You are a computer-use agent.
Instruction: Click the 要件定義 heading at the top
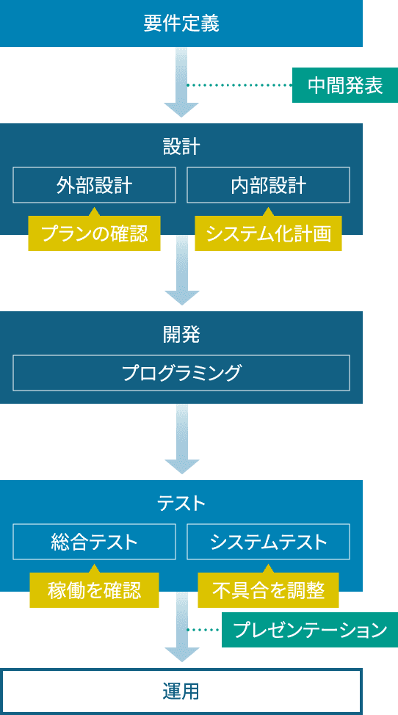(x=181, y=23)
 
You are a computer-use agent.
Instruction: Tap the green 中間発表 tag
(x=344, y=85)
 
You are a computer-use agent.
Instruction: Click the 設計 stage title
(x=181, y=146)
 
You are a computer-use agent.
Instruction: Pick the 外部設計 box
(x=94, y=185)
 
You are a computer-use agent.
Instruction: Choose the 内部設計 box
(x=268, y=185)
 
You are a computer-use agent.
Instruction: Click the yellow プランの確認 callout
(x=94, y=234)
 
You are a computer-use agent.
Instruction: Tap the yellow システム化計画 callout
(x=268, y=234)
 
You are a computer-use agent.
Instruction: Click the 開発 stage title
(x=181, y=335)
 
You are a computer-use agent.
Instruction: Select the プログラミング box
(x=181, y=373)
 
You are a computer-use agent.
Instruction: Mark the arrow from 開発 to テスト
(x=181, y=439)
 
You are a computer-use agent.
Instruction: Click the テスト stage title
(x=181, y=503)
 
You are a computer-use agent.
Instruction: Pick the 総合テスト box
(x=94, y=542)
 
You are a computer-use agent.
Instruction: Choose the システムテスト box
(x=268, y=542)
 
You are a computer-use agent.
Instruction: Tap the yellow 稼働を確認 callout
(x=94, y=590)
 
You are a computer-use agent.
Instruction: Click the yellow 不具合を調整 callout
(x=268, y=590)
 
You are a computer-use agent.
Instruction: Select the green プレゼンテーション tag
(x=309, y=629)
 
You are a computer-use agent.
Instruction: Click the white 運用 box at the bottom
(x=181, y=692)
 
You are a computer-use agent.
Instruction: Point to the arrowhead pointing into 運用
(x=181, y=653)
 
